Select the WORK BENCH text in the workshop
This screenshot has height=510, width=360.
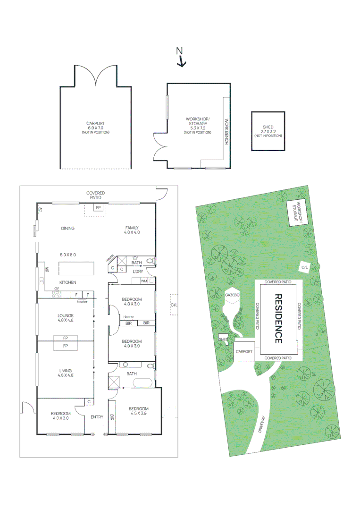pyautogui.click(x=226, y=131)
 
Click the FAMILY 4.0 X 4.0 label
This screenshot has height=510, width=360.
pyautogui.click(x=132, y=230)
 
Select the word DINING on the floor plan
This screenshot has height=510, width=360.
pyautogui.click(x=68, y=229)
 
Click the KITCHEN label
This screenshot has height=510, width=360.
pyautogui.click(x=67, y=282)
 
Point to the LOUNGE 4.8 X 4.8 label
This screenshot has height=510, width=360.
pyautogui.click(x=66, y=318)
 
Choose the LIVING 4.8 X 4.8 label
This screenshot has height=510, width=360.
pyautogui.click(x=66, y=373)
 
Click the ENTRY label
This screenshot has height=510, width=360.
pyautogui.click(x=97, y=416)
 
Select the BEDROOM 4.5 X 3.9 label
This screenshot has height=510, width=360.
pyautogui.click(x=138, y=411)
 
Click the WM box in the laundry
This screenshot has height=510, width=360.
pyautogui.click(x=143, y=281)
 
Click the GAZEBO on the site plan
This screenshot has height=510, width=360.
pyautogui.click(x=233, y=295)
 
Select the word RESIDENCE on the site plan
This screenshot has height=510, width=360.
pyautogui.click(x=278, y=319)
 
